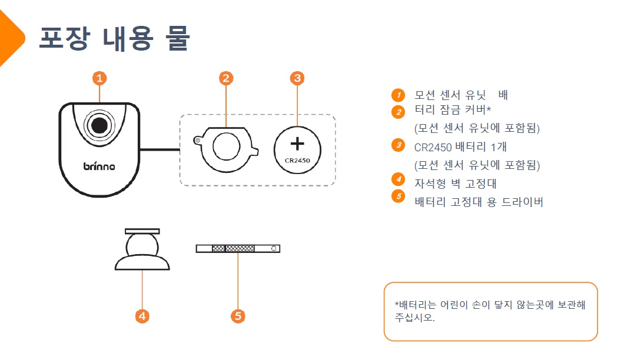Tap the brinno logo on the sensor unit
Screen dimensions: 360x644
tap(99, 166)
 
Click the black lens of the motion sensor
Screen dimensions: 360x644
tap(99, 125)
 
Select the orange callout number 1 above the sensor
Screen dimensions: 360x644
tap(99, 78)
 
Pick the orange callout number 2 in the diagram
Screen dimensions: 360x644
tap(226, 78)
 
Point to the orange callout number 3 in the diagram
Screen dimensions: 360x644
tap(297, 78)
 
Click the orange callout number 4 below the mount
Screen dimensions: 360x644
tap(142, 316)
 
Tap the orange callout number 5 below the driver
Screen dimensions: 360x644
tap(238, 316)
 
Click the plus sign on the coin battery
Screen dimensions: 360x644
tap(297, 144)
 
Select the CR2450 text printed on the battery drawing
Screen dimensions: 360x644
tap(297, 159)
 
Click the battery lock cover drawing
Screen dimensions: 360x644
tap(226, 146)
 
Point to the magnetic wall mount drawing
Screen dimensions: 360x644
tap(142, 250)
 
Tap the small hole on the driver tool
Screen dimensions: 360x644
tap(274, 249)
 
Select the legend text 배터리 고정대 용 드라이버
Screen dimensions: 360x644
tap(479, 202)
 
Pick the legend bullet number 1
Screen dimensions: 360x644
tap(399, 95)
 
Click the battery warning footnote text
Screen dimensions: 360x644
tap(490, 311)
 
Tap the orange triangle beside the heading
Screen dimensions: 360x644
tap(11, 38)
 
